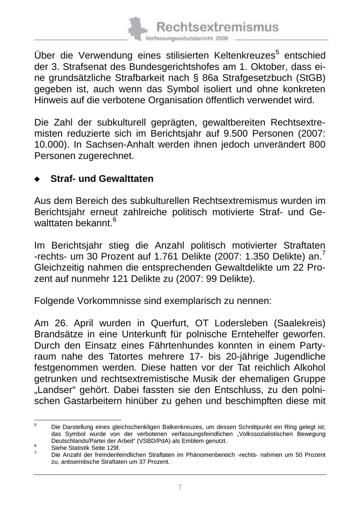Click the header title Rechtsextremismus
pos(217,27)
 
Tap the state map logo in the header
pos(136,29)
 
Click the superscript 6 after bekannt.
pos(114,220)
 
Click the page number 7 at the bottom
pos(180,487)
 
